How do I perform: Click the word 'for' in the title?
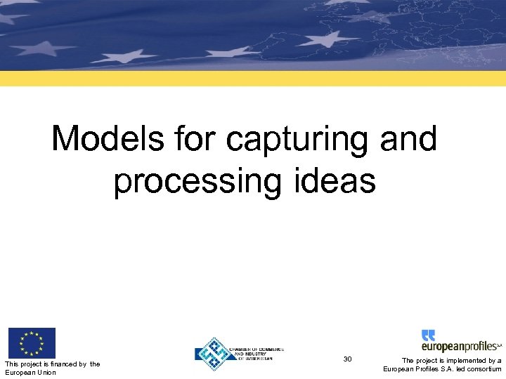(197, 139)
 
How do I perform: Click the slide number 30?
(347, 359)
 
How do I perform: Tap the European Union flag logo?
(31, 343)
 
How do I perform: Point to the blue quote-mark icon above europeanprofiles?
(428, 335)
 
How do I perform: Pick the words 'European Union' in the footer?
(30, 372)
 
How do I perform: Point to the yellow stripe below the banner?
(253, 78)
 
